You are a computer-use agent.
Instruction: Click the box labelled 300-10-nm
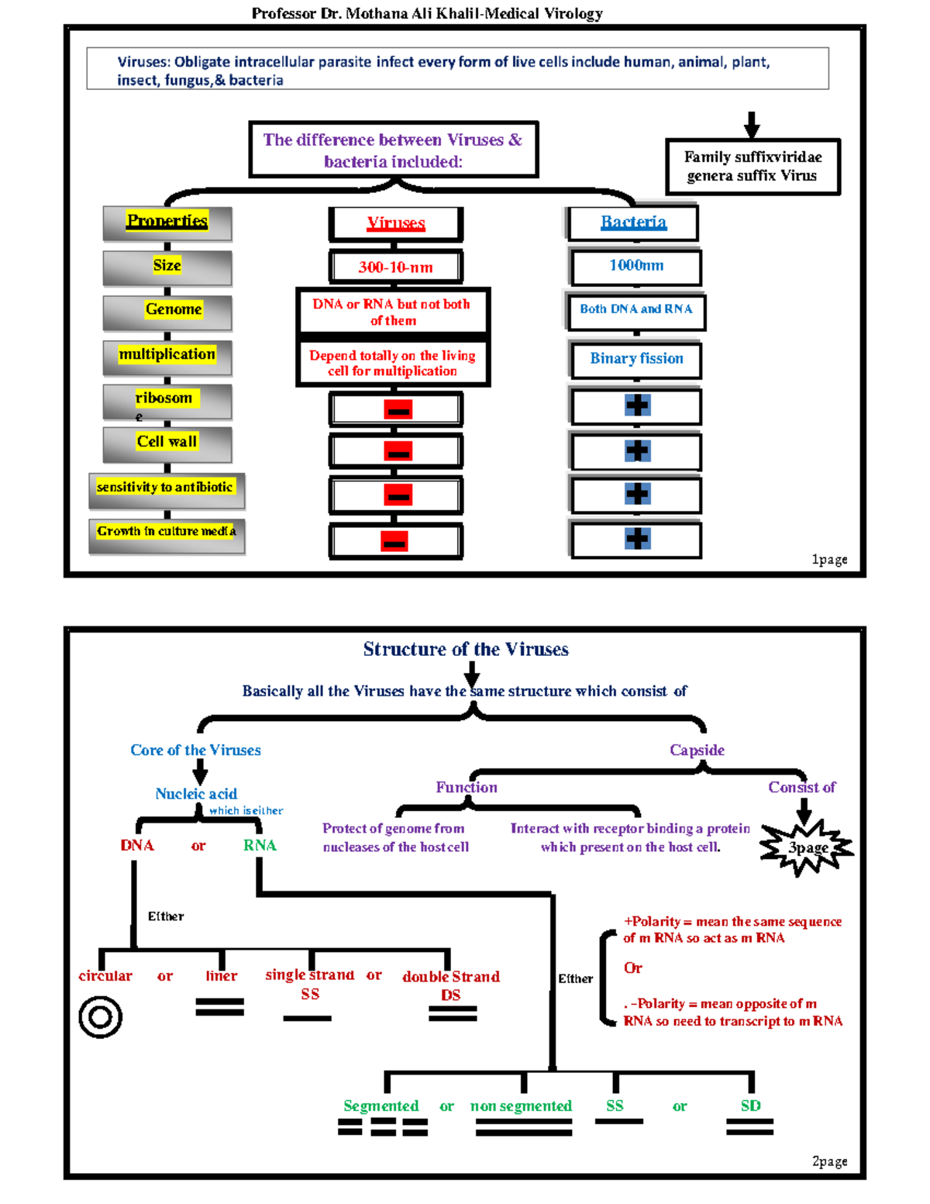pos(395,267)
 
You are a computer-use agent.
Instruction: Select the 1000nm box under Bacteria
pos(635,266)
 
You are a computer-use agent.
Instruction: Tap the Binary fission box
pos(635,359)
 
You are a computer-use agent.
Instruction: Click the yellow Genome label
pos(173,309)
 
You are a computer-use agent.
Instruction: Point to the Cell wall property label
pos(167,442)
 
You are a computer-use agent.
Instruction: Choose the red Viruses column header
pos(395,223)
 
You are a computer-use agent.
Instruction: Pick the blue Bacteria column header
pos(633,223)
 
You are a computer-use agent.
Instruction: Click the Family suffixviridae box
pos(753,167)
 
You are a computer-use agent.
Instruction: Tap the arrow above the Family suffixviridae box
pos(751,124)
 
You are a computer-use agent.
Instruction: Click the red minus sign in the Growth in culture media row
pos(394,541)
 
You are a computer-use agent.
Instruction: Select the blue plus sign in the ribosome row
pos(637,405)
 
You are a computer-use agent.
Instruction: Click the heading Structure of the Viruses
pos(466,650)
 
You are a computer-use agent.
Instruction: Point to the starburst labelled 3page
pos(807,847)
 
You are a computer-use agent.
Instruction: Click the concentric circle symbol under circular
pos(101,1016)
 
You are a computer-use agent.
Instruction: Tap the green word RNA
pos(259,846)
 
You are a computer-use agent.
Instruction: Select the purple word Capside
pos(697,750)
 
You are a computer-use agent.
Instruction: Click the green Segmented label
pos(381,1106)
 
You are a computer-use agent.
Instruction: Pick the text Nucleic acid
pos(196,794)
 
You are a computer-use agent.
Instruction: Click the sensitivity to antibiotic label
pos(164,487)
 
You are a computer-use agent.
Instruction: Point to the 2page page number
pos(828,1161)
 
